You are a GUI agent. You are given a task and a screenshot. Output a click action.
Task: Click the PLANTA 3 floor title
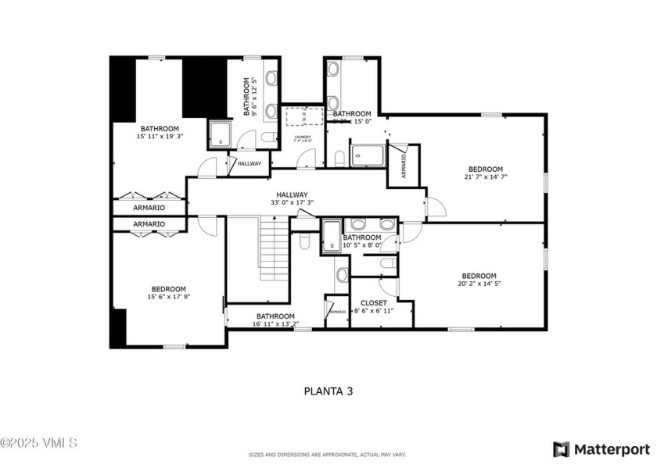coord(328,391)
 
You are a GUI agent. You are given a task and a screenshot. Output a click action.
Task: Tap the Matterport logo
coord(601,449)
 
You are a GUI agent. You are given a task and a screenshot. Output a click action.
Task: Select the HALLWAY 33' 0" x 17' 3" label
coord(291,199)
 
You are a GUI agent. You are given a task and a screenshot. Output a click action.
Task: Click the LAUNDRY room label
coord(303,140)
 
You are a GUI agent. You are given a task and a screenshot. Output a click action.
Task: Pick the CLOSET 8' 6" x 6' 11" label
coord(373,306)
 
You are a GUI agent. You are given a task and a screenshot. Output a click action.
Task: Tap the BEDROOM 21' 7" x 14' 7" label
coord(485,173)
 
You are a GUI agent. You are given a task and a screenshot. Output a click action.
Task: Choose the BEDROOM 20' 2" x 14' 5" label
coord(479,280)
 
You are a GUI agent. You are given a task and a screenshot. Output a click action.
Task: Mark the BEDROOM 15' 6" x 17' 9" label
coord(168,292)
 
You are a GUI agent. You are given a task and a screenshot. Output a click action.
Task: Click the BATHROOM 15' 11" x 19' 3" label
coord(160,132)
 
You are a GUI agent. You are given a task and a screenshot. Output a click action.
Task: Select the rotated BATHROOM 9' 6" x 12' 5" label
coord(249,96)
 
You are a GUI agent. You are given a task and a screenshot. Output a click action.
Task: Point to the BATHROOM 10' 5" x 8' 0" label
coord(361,241)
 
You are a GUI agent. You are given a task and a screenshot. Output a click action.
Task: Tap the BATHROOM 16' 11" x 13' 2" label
coord(275,320)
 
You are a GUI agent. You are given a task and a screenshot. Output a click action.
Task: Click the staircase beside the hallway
coord(274,252)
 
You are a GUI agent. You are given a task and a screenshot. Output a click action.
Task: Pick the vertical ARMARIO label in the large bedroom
coord(404,166)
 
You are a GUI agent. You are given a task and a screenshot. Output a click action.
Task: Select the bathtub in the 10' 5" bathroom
coord(330,237)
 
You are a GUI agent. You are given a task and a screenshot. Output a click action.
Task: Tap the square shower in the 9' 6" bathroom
coord(221,134)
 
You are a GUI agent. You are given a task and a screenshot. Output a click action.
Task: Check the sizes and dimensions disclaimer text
coord(328,454)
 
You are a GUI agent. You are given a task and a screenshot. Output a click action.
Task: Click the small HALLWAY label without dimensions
coord(250,163)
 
